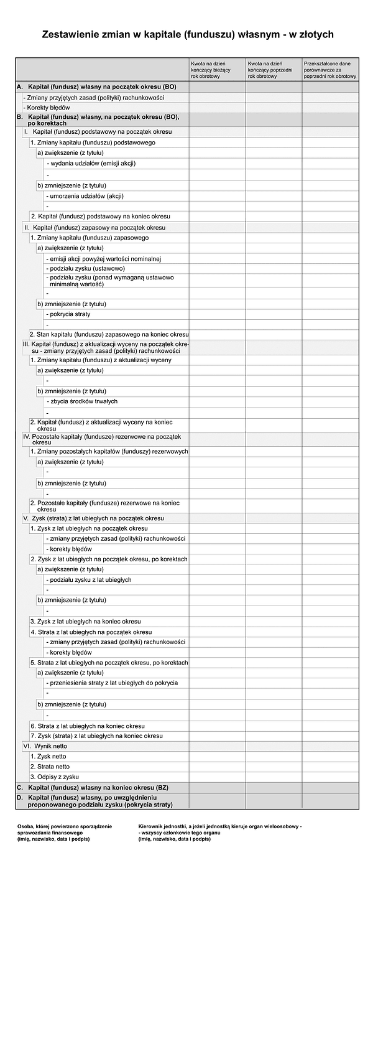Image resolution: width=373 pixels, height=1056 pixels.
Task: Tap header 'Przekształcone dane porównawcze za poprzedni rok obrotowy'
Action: coord(330,70)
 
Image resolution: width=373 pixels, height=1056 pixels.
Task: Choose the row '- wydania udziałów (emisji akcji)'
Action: coord(91,164)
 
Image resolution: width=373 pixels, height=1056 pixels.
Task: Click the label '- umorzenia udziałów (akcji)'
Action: coord(85,196)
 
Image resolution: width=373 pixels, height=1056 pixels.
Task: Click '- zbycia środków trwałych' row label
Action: coord(82,401)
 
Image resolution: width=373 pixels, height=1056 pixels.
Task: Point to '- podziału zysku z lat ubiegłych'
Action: coord(89,579)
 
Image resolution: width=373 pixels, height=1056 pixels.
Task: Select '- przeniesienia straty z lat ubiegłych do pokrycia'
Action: coord(112,683)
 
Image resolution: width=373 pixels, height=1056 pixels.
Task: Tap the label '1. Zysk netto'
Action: coord(49,756)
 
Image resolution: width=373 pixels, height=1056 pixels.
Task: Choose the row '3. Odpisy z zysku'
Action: coord(55,777)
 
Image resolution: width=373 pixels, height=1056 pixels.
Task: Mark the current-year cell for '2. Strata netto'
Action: coord(217,767)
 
